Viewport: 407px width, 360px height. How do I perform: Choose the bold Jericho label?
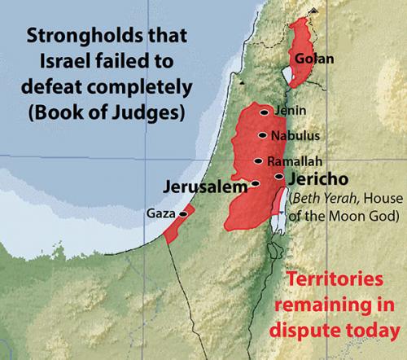click(318, 177)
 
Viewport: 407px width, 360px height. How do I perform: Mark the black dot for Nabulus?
click(262, 136)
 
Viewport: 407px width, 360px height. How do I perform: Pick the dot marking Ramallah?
click(260, 161)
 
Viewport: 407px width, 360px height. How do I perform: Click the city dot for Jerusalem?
click(256, 184)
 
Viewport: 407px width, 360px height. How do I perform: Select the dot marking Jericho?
click(279, 177)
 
